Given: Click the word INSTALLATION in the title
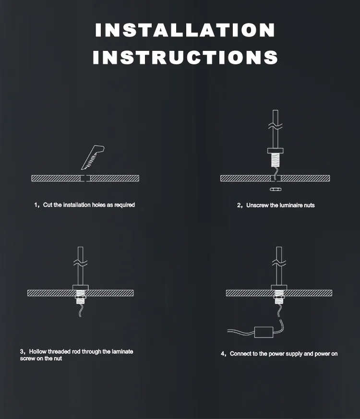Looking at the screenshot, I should [x=185, y=30].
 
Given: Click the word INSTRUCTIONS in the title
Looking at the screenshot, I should [x=185, y=58].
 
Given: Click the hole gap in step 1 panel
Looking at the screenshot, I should [x=85, y=178].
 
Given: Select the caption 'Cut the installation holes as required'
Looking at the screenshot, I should [x=89, y=205].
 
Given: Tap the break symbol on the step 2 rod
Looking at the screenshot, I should [x=275, y=126].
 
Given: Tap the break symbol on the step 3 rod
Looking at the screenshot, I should [x=80, y=263].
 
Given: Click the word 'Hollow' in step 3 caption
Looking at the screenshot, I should [x=38, y=352].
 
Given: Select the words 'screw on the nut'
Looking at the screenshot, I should [x=41, y=359].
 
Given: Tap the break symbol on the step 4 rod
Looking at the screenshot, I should [x=278, y=263].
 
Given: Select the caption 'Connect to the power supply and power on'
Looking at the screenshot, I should [x=283, y=354].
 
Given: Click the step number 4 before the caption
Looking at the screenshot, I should [x=223, y=354].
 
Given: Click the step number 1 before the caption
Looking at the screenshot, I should [x=36, y=205].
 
